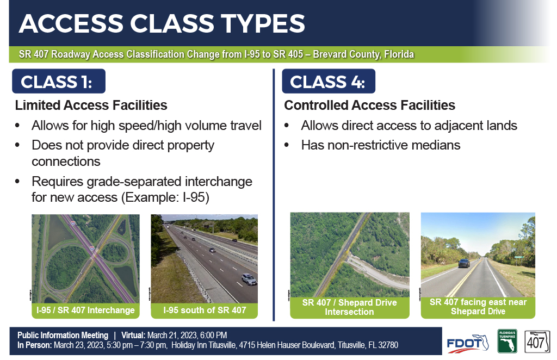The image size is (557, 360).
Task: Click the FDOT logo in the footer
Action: (x=467, y=344)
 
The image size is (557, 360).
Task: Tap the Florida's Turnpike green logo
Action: (x=507, y=341)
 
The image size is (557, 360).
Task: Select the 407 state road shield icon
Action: (x=537, y=342)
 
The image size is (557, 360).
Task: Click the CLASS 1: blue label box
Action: (x=59, y=82)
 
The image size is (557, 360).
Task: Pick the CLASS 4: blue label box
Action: (x=329, y=82)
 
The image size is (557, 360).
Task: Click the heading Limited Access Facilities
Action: (x=91, y=105)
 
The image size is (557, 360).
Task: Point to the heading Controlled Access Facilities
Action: (x=369, y=105)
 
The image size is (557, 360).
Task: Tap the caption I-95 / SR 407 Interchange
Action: (x=85, y=311)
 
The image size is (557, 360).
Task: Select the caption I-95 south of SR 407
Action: (x=205, y=311)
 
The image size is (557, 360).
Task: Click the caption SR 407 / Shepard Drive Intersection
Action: (x=350, y=307)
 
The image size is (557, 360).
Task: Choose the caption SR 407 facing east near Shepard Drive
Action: (x=478, y=307)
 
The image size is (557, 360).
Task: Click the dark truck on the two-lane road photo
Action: (x=464, y=263)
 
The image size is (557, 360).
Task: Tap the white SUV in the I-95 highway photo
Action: (x=249, y=280)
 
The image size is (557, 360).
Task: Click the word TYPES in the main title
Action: (x=263, y=24)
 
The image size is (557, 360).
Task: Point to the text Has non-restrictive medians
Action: (x=381, y=145)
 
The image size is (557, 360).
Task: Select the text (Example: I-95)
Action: (x=165, y=197)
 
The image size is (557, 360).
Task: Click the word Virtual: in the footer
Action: (x=133, y=336)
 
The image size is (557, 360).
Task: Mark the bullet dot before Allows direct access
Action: (x=287, y=126)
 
